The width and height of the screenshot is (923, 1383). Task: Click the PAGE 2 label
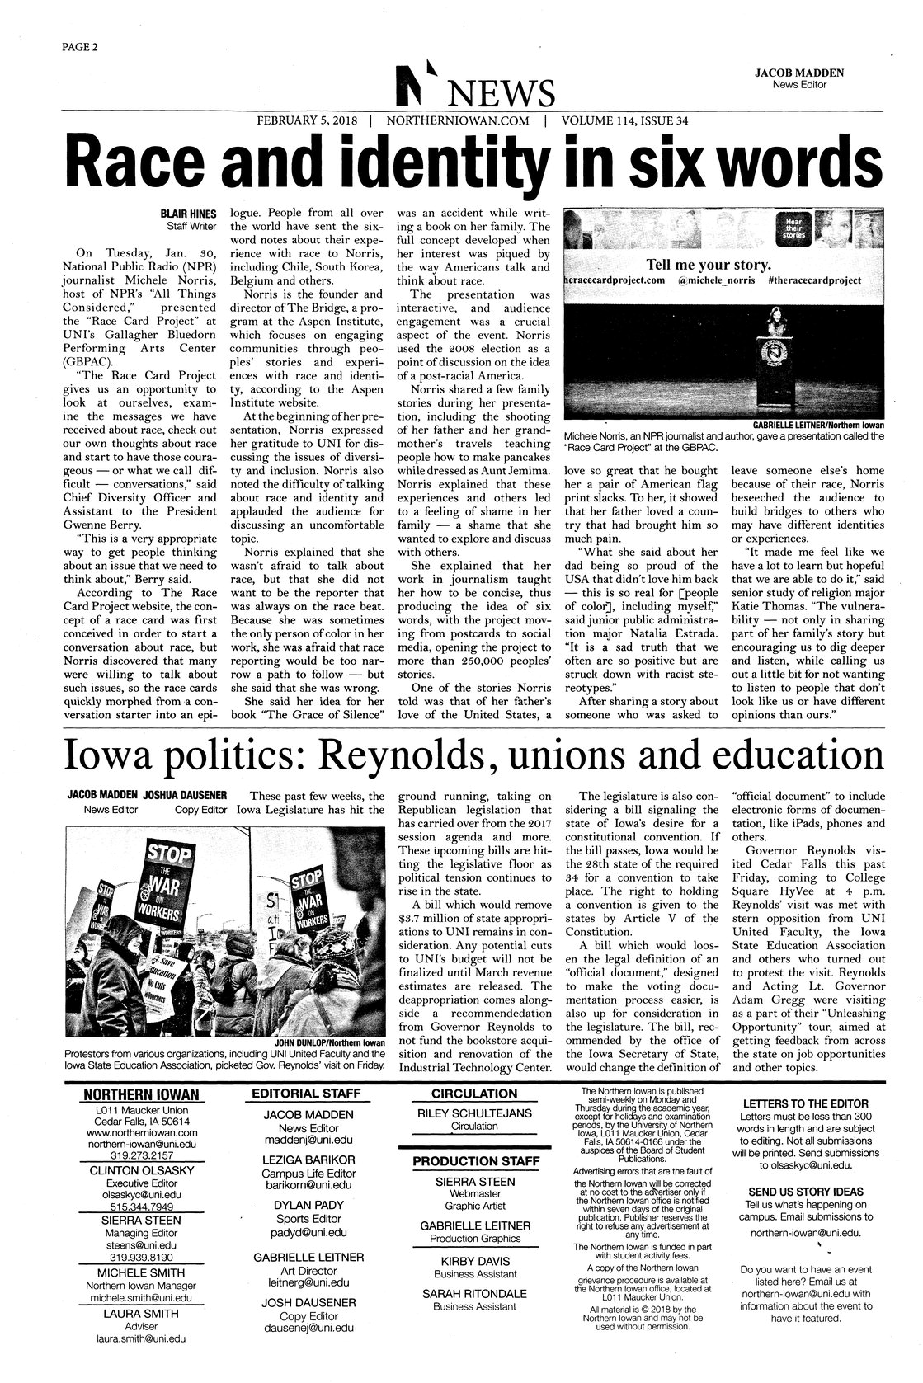click(x=80, y=45)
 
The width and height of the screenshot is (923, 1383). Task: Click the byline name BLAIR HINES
click(x=187, y=214)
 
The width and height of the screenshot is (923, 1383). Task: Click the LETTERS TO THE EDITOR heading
click(x=805, y=1103)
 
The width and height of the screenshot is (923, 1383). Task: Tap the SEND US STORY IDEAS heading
click(x=805, y=1192)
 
